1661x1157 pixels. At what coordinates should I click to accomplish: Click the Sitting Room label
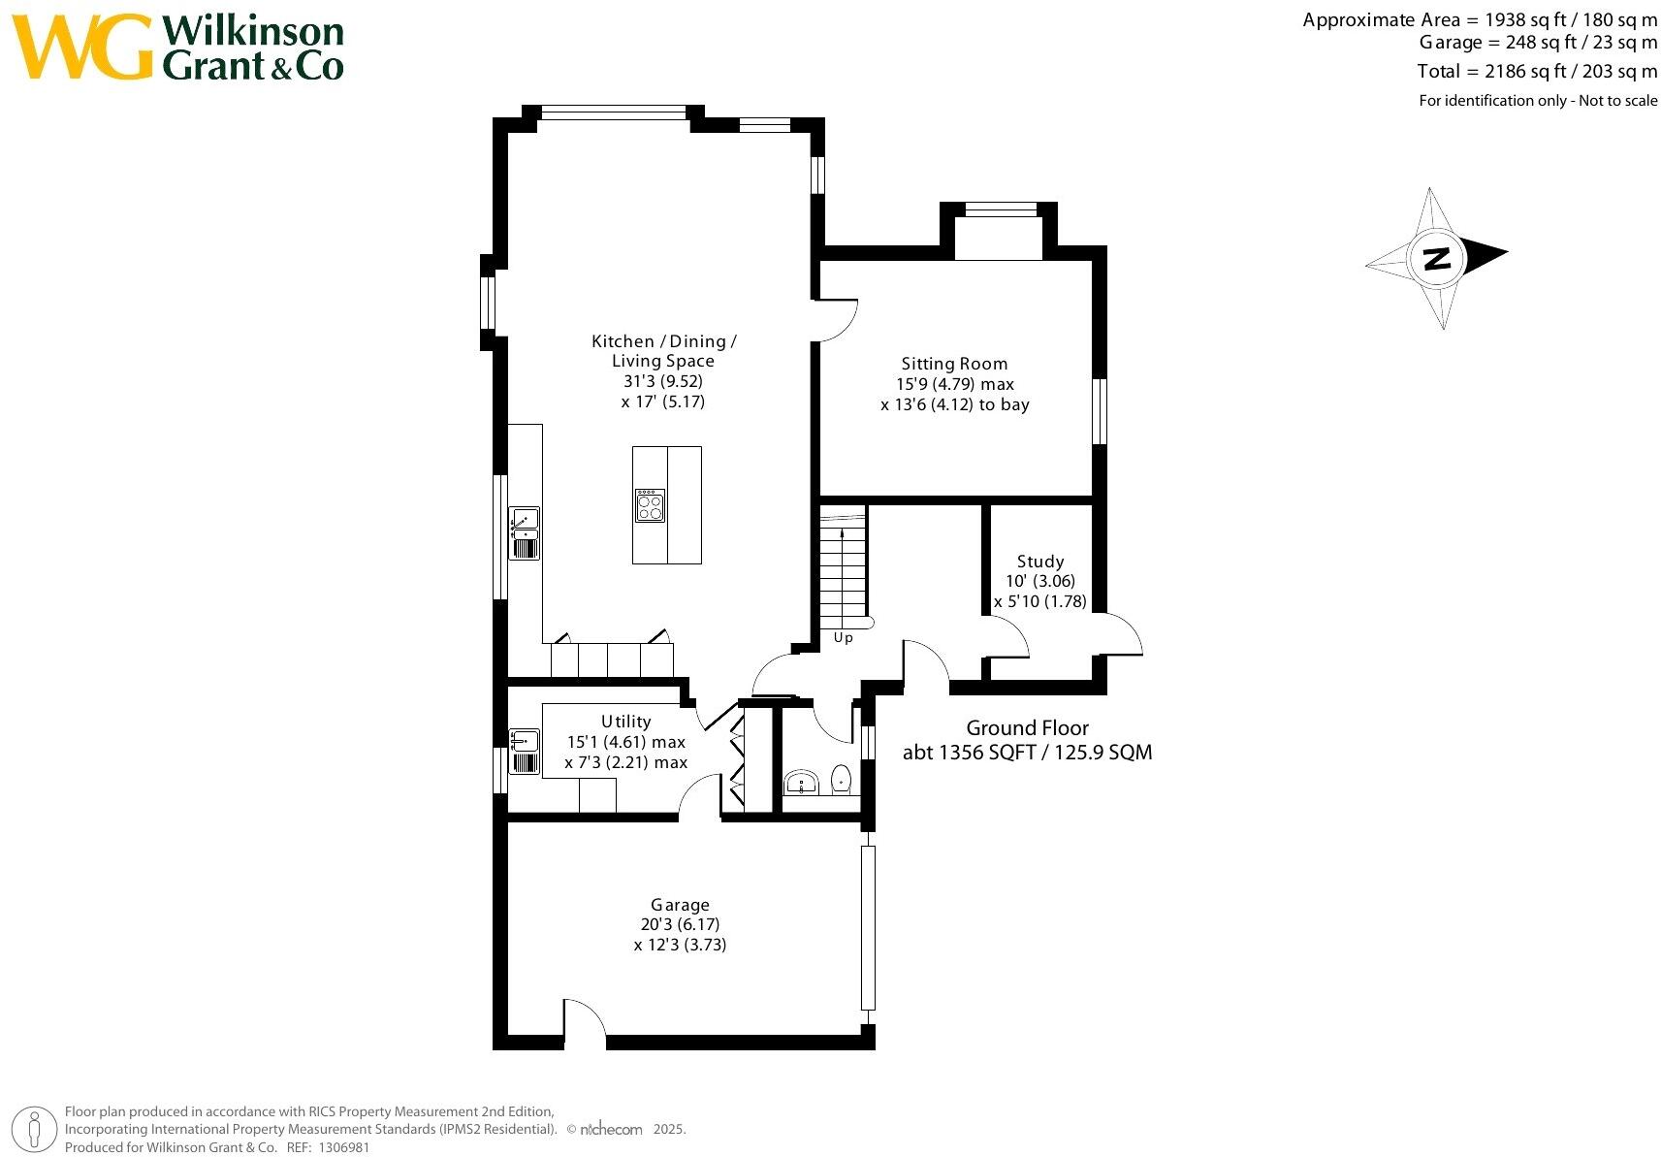click(x=954, y=364)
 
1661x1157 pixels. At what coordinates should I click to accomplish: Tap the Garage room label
click(x=680, y=905)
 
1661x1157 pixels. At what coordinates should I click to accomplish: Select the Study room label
click(x=1039, y=562)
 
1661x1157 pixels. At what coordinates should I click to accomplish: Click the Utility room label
click(x=625, y=722)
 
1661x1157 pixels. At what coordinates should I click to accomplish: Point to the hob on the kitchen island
click(x=650, y=505)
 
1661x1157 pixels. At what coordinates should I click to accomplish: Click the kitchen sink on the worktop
click(x=525, y=532)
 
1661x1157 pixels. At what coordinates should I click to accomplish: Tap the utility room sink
click(x=524, y=751)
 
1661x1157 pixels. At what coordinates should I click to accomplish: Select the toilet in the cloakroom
click(x=842, y=779)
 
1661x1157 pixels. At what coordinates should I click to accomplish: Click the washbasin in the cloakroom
click(x=802, y=783)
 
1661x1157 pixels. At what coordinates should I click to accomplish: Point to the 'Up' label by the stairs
click(x=843, y=638)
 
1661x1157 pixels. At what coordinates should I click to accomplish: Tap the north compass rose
click(x=1436, y=259)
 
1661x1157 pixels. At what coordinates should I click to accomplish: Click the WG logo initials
click(x=81, y=47)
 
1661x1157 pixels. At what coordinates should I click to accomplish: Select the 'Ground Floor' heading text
click(x=1027, y=727)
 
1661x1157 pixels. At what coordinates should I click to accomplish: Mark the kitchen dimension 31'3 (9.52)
click(x=662, y=381)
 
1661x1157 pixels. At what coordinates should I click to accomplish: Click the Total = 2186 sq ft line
click(x=1536, y=71)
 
